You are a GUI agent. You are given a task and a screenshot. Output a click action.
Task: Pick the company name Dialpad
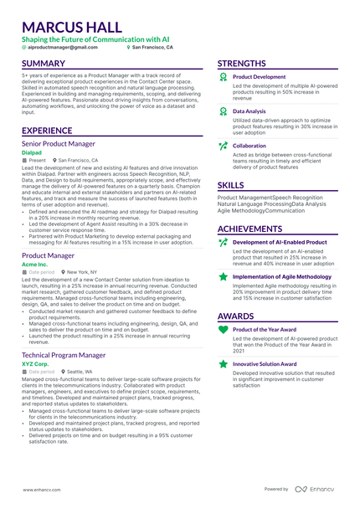point(32,152)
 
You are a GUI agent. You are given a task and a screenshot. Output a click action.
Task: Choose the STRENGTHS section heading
point(242,64)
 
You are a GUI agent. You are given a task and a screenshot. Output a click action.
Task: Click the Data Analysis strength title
point(249,111)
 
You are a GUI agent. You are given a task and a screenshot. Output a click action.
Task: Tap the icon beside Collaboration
point(222,145)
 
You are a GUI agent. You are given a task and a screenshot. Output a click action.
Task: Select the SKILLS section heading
point(231,185)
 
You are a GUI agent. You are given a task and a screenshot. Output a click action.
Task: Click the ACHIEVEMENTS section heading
point(249,229)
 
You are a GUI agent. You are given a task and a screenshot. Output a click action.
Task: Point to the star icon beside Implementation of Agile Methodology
point(222,275)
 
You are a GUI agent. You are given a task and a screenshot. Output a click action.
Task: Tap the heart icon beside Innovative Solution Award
point(222,364)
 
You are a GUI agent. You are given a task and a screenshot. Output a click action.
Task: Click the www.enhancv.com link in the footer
point(39,489)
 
